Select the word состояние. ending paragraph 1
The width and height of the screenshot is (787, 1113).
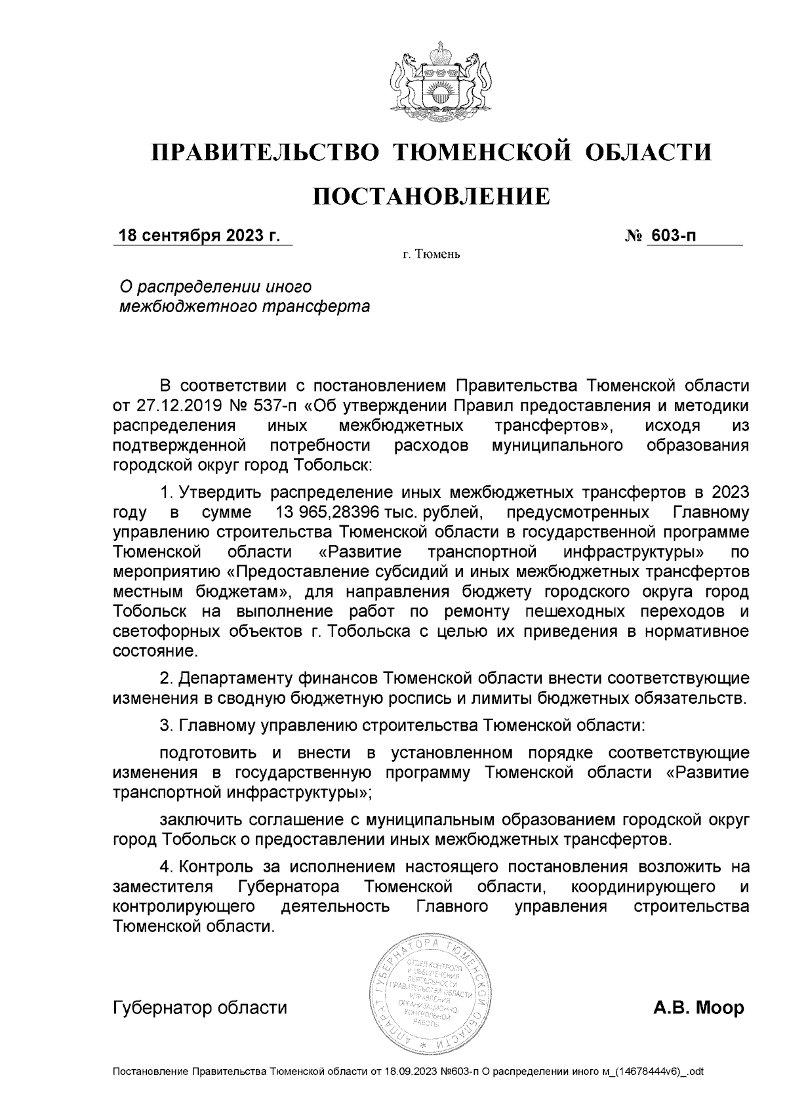point(155,652)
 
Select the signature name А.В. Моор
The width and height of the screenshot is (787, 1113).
point(698,1008)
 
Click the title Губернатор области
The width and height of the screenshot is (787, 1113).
point(200,1008)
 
